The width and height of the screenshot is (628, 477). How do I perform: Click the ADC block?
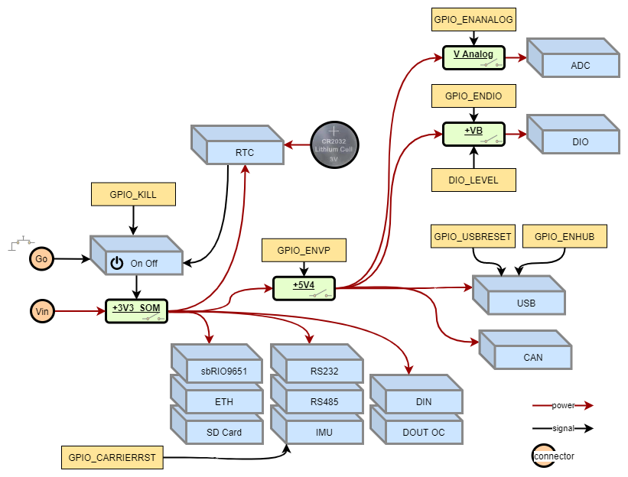(x=580, y=65)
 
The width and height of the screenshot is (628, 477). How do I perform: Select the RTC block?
(x=245, y=152)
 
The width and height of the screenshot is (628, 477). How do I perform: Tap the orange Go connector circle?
(x=41, y=259)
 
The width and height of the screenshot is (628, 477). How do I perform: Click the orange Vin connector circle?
(x=41, y=311)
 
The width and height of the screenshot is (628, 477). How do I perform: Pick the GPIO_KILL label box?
(x=133, y=194)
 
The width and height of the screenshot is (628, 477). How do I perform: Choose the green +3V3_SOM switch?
(x=136, y=311)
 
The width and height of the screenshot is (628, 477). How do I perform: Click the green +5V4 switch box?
(x=304, y=288)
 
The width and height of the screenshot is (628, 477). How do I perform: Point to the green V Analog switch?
(x=473, y=57)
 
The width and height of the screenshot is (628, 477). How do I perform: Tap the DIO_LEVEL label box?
(x=473, y=180)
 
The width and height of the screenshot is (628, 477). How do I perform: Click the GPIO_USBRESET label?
(x=472, y=236)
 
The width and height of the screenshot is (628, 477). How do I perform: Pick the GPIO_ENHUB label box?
(x=564, y=236)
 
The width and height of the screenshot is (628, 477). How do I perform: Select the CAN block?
(x=532, y=357)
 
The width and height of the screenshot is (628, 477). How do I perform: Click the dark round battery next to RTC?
(x=334, y=144)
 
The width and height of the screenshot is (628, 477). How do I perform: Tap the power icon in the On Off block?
(x=116, y=264)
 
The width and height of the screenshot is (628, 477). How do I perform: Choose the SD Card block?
(x=224, y=432)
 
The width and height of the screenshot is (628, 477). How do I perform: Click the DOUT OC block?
(x=423, y=432)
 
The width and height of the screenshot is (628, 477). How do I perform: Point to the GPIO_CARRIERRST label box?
(x=112, y=458)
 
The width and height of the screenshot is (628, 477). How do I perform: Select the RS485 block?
(x=324, y=401)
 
